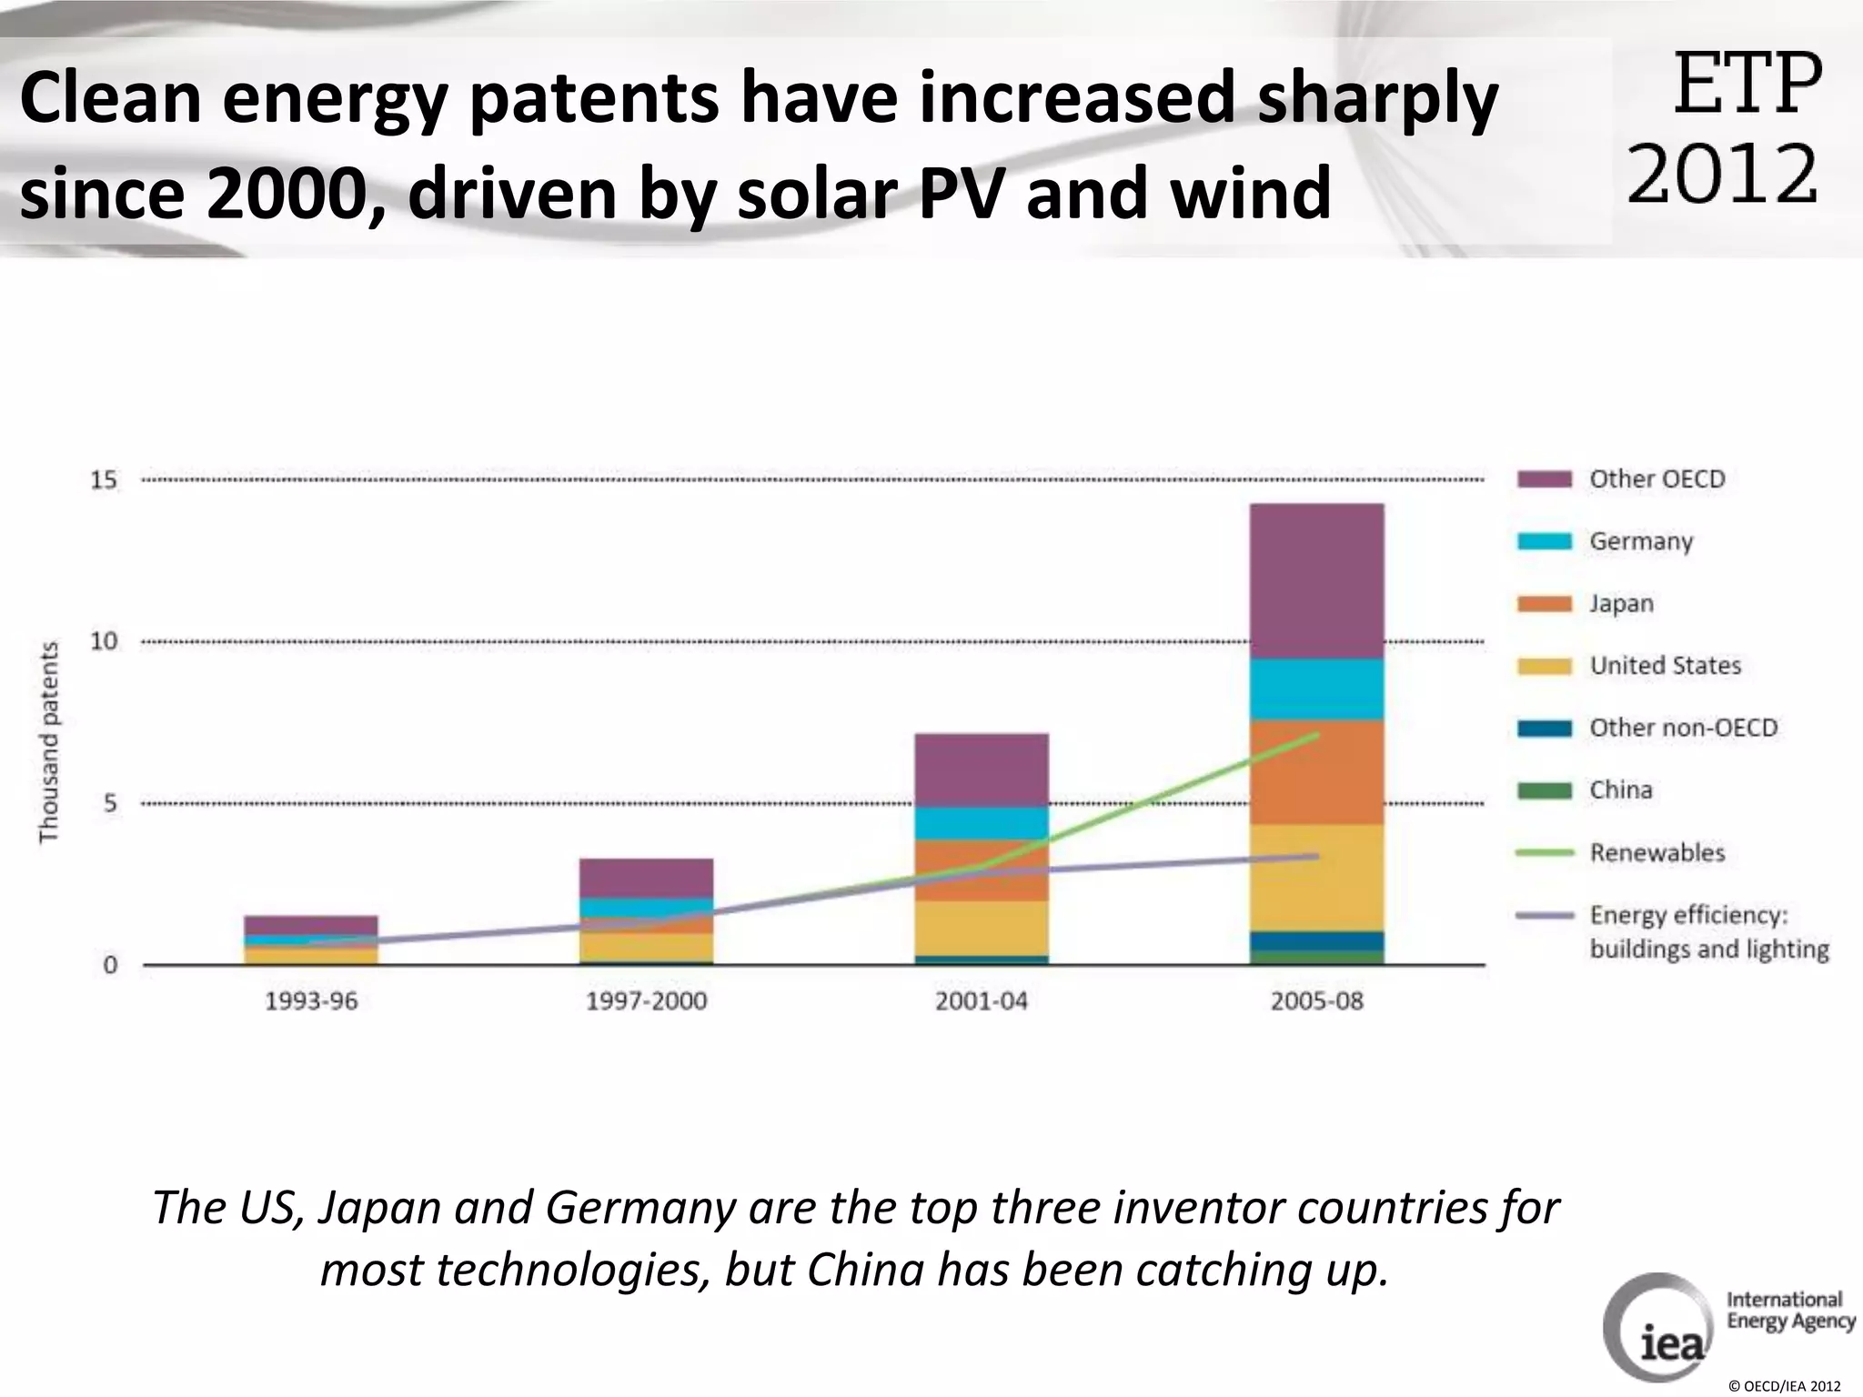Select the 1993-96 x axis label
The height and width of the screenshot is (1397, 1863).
(x=311, y=1001)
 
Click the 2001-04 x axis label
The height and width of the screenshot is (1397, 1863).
(x=981, y=1001)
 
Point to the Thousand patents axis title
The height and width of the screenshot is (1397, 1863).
(x=49, y=742)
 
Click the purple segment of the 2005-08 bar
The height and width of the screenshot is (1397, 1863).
(x=1316, y=580)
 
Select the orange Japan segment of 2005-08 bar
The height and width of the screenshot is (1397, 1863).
(x=1316, y=773)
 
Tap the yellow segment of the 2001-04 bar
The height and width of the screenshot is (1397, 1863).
(x=981, y=928)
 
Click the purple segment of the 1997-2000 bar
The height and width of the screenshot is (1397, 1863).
(x=646, y=878)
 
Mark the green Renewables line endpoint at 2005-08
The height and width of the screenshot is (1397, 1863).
(x=1316, y=734)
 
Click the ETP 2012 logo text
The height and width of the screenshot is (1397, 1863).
(x=1725, y=127)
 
